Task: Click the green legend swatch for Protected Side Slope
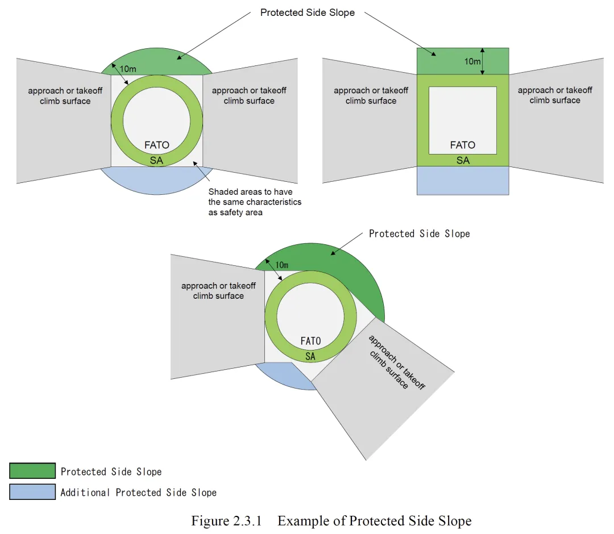click(32, 471)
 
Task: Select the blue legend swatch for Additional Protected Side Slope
click(32, 492)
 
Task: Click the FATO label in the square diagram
click(462, 145)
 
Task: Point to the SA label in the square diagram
click(463, 160)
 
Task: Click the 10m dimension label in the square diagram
click(472, 61)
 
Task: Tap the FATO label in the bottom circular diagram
click(310, 341)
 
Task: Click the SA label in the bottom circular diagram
click(310, 356)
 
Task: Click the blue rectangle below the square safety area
click(463, 181)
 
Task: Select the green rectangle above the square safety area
click(449, 61)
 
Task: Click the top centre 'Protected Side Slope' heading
click(307, 12)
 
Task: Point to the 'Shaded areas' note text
click(255, 202)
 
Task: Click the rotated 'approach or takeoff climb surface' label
click(396, 362)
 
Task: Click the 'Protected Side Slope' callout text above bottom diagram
click(419, 233)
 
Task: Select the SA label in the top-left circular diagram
click(156, 161)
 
